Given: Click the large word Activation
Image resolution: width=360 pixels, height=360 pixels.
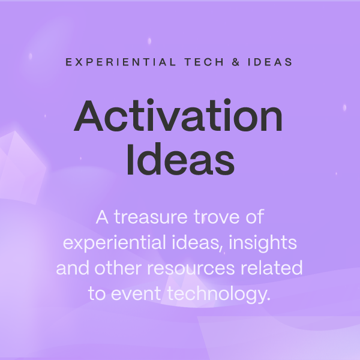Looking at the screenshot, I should pyautogui.click(x=178, y=116).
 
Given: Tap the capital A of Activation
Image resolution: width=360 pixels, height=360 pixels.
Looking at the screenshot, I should pyautogui.click(x=91, y=116).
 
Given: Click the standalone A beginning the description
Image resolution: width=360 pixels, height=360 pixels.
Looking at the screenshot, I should pyautogui.click(x=101, y=217).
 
